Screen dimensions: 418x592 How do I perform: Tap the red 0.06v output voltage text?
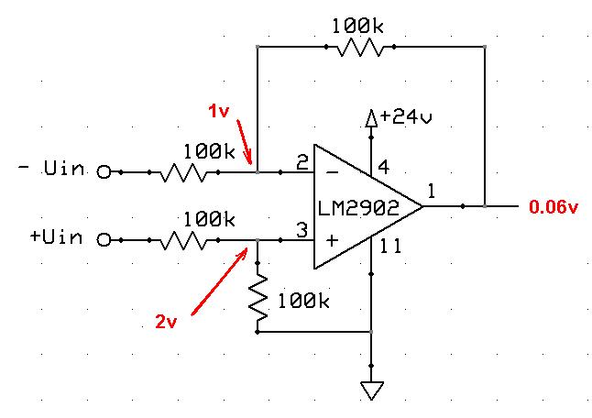tap(554, 207)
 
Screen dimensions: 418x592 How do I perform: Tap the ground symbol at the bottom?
tap(371, 390)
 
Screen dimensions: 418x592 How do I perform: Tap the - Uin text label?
tap(55, 170)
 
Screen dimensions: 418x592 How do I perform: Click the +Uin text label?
tap(56, 238)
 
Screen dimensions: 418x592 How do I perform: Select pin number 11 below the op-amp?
tap(389, 246)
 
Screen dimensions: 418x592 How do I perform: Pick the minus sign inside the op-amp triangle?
tap(330, 171)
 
